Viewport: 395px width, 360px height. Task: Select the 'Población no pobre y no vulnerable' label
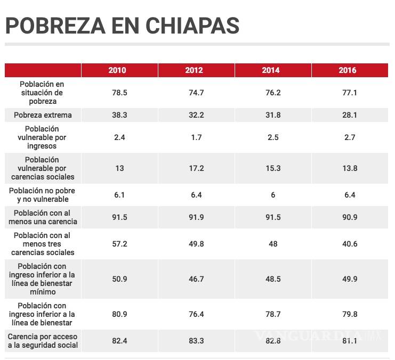(43, 195)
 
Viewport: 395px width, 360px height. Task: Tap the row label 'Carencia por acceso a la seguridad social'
(43, 341)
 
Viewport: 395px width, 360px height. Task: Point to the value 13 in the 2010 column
(119, 168)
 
